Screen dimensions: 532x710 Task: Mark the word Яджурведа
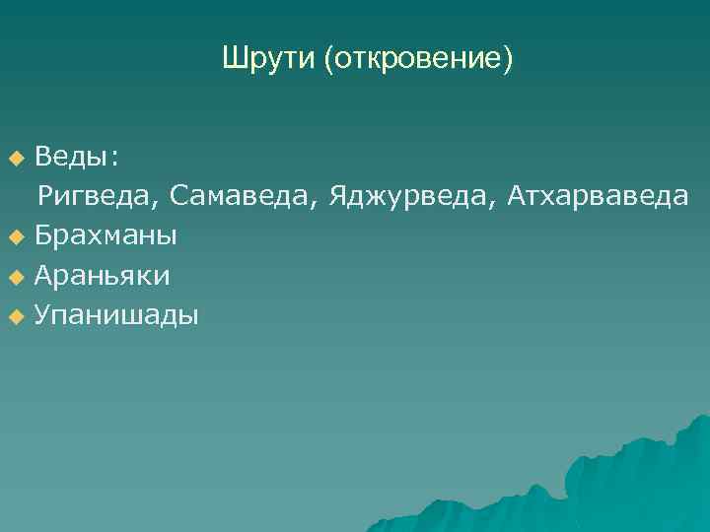coord(412,197)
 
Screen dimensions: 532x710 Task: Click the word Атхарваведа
coord(598,197)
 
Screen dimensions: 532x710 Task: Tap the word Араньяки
coord(102,277)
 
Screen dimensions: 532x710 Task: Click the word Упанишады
coord(116,316)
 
